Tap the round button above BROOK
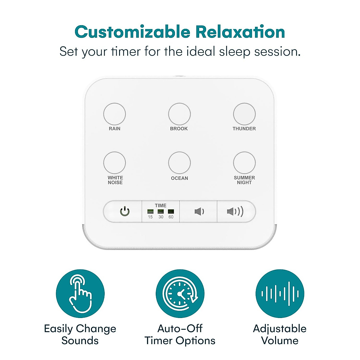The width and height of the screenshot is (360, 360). pos(179,114)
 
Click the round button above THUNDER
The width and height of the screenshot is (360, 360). pos(244,114)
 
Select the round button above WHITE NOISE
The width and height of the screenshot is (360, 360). pos(114,163)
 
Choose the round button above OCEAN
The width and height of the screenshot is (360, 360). pos(179,163)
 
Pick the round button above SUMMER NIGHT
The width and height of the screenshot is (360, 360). pos(244,163)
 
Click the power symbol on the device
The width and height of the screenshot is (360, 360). pos(125,211)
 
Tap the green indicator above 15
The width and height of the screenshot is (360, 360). pos(150,211)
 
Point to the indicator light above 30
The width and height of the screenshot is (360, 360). pos(161,211)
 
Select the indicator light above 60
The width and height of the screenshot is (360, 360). pos(171,211)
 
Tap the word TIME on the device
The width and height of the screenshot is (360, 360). pos(160,205)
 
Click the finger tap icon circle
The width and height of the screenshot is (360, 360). pos(80,293)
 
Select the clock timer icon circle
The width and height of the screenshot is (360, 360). pos(180,293)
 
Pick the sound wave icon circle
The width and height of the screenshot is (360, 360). pos(280,293)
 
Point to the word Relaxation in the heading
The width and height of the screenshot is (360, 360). pos(240,32)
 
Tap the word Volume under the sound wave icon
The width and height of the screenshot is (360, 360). pos(280,341)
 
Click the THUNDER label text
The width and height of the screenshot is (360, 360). pos(244,129)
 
